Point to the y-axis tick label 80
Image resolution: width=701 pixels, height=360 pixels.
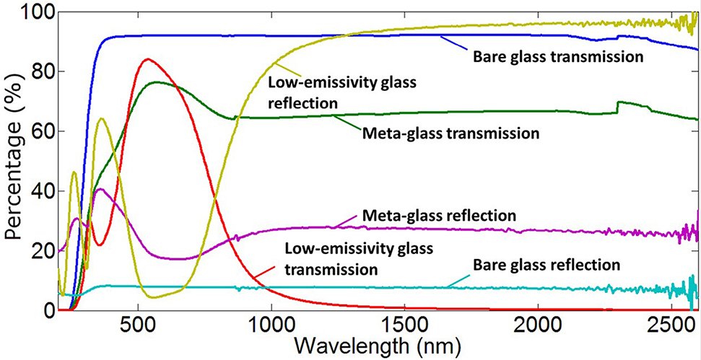pyautogui.click(x=39, y=71)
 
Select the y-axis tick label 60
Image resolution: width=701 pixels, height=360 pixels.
pyautogui.click(x=39, y=131)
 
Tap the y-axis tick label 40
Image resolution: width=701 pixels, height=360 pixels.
pyautogui.click(x=39, y=191)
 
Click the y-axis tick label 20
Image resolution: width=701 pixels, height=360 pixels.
pyautogui.click(x=39, y=251)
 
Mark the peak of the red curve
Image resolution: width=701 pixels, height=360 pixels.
pyautogui.click(x=147, y=59)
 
